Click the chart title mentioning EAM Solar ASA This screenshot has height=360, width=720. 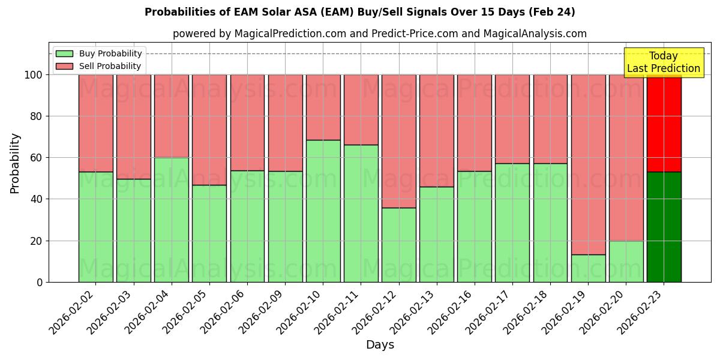(359, 12)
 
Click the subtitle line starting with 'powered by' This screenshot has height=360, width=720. (379, 34)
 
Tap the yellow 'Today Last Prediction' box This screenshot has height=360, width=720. (663, 62)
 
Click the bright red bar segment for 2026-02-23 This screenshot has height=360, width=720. (664, 123)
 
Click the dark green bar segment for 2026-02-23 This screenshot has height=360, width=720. (664, 227)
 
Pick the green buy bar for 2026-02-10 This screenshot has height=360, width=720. (323, 211)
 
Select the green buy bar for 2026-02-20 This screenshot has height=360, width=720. (626, 261)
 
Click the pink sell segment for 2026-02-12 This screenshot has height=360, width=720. (398, 141)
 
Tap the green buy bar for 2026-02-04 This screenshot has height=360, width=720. (172, 220)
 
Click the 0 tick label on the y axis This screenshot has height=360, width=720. (40, 282)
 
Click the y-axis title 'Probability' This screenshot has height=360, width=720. (15, 163)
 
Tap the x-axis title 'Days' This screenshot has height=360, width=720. (379, 345)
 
